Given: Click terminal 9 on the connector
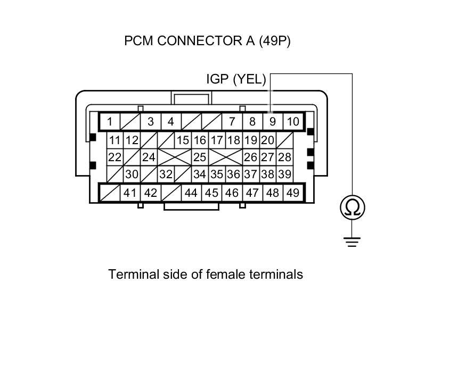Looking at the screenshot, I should coord(272,121).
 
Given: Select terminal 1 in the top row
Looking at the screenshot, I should coord(110,121).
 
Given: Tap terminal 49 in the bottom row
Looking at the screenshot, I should coord(292,193).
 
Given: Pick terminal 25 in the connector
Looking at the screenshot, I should coord(199,157).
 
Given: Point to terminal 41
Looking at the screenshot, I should coord(130,193).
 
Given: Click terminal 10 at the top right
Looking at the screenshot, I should coord(293,121).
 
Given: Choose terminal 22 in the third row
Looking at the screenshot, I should coord(114,157).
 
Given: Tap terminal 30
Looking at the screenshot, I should coord(132,174).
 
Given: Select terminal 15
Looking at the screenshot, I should coord(183,140).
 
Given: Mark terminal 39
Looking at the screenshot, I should coord(284,174).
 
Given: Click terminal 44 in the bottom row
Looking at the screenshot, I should coord(191,193).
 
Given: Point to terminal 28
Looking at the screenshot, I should coord(284,157).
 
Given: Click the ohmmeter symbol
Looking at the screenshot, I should coord(352,207).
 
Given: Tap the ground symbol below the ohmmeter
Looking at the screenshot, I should coord(352,242).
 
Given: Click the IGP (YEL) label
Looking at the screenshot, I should coord(235,79).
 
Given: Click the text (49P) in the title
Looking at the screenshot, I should coord(275,41).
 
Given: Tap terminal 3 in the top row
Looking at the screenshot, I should coord(151,121).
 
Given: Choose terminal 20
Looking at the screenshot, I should coord(267,140).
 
